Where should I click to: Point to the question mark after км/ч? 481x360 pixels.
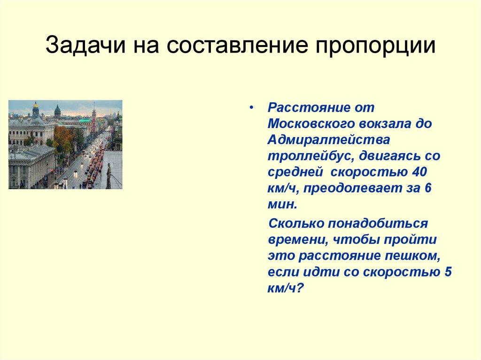click(302, 289)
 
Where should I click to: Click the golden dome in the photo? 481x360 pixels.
click(35, 105)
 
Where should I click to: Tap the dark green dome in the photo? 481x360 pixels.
click(57, 111)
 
